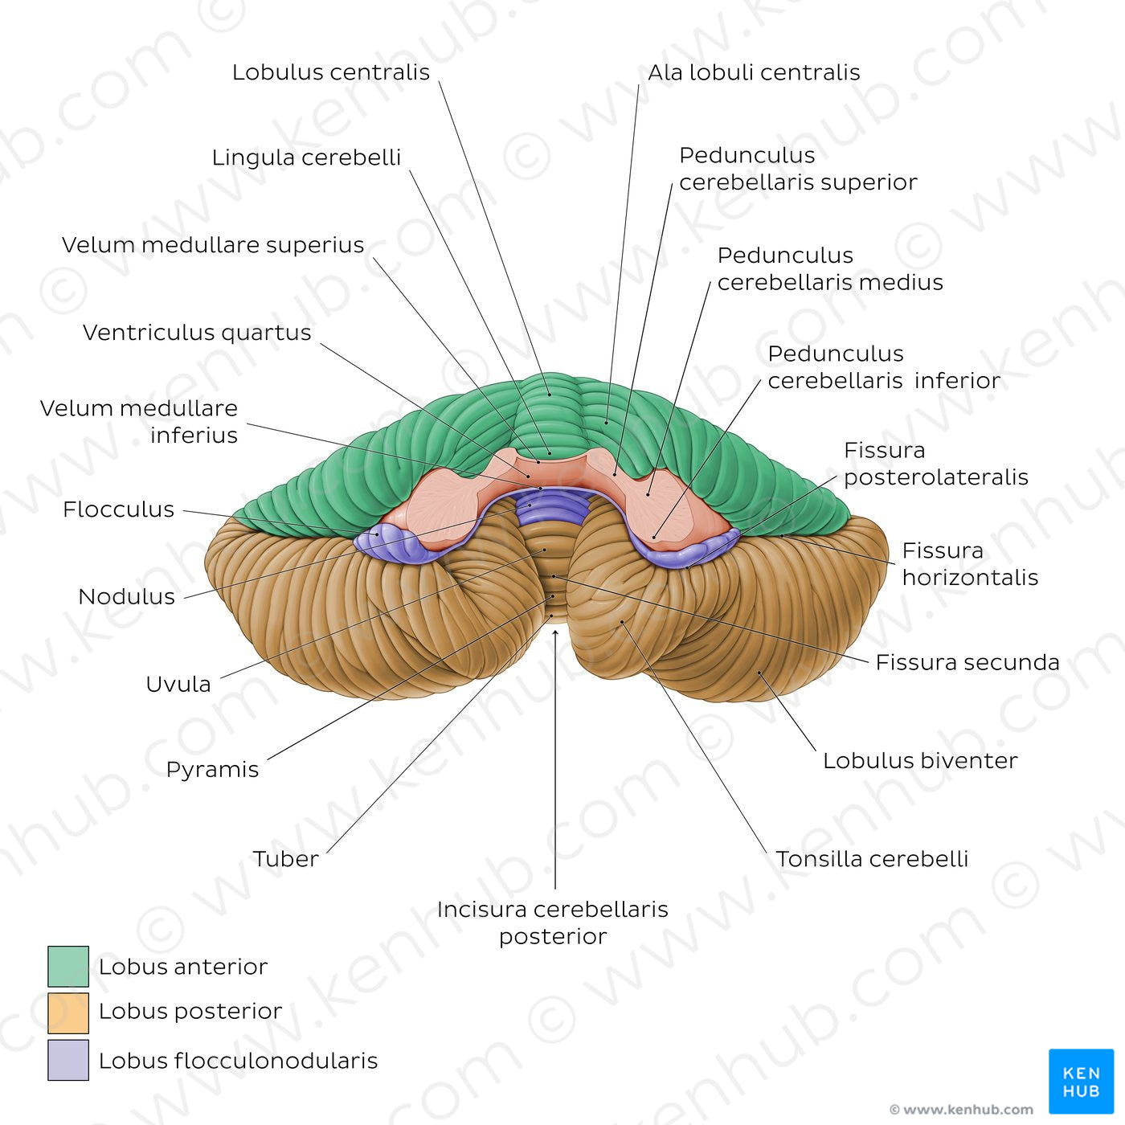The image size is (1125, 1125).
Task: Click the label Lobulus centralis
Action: click(330, 72)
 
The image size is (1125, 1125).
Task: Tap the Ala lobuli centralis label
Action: click(754, 72)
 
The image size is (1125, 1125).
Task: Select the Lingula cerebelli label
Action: click(306, 157)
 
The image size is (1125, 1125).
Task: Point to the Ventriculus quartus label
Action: click(197, 333)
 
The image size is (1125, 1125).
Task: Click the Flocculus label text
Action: click(119, 509)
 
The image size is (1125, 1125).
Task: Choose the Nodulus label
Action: click(127, 596)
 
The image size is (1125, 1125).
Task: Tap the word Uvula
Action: click(178, 684)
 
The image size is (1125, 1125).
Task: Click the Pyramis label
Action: click(212, 770)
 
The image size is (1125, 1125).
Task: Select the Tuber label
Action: click(286, 859)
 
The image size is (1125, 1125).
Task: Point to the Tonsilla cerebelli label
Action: click(872, 859)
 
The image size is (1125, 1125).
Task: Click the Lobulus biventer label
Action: click(920, 760)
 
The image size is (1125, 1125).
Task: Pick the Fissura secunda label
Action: click(967, 662)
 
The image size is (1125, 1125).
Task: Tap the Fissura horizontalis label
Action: click(970, 564)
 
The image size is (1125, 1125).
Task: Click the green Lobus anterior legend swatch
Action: click(68, 966)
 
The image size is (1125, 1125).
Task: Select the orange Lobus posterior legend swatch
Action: click(68, 1012)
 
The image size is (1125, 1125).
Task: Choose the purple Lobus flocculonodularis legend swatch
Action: click(68, 1060)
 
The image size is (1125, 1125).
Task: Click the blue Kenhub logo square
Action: click(1081, 1081)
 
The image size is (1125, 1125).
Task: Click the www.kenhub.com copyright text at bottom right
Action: click(962, 1110)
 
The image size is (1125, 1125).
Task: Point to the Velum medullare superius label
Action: click(213, 245)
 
